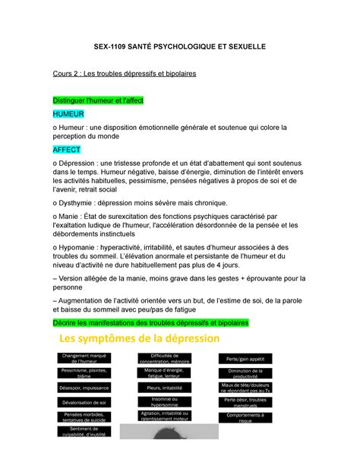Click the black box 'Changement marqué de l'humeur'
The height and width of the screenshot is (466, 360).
(x=84, y=358)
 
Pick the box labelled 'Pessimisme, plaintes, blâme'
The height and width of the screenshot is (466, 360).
(x=84, y=372)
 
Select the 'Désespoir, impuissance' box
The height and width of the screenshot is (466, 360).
(x=84, y=388)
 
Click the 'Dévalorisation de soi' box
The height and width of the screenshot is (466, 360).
(x=84, y=402)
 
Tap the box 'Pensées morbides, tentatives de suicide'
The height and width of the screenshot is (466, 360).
(x=84, y=417)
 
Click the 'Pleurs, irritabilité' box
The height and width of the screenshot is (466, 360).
(x=164, y=388)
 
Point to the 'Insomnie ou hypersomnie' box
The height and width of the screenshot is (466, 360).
(x=164, y=401)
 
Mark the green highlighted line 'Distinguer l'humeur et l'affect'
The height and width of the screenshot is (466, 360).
(x=115, y=100)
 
